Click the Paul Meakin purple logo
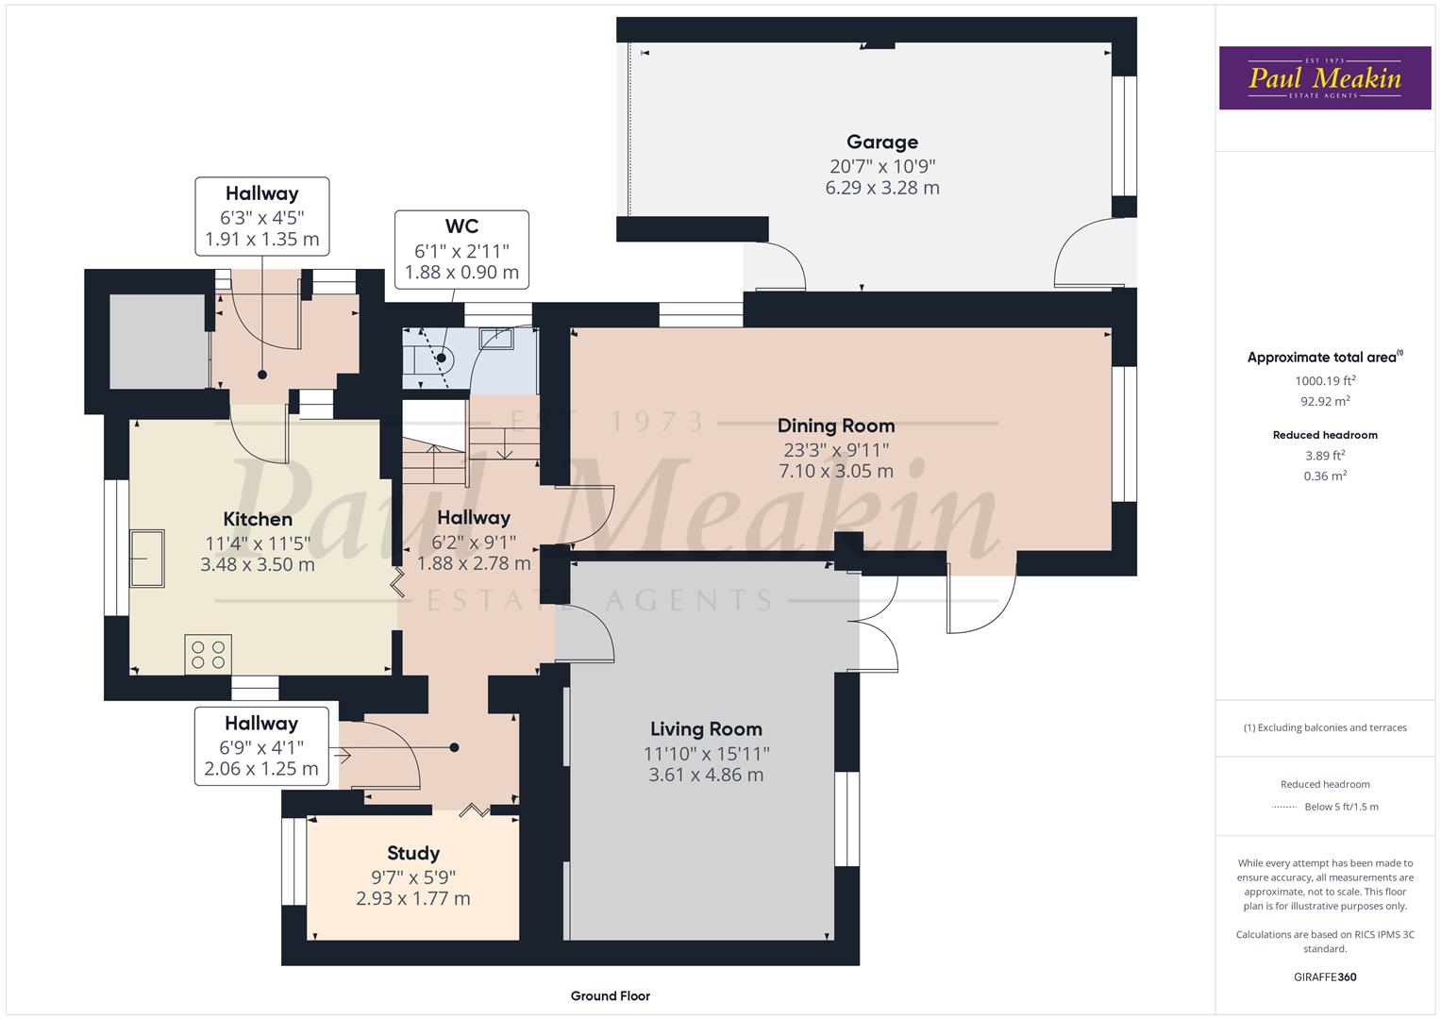[1324, 77]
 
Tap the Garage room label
[881, 142]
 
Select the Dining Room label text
[835, 426]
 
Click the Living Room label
[706, 729]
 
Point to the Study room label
[412, 854]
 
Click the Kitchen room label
[258, 519]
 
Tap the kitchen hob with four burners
[209, 654]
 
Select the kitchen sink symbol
[147, 558]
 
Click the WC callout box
[461, 249]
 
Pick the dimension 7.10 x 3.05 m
[835, 471]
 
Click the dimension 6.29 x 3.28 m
[881, 188]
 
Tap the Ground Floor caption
[610, 995]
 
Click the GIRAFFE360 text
[1325, 977]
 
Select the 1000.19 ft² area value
[1325, 381]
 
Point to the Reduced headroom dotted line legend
[1284, 807]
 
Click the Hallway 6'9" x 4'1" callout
[261, 745]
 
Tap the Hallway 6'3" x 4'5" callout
[261, 216]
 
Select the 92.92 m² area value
[1325, 401]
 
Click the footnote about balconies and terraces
[1325, 727]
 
